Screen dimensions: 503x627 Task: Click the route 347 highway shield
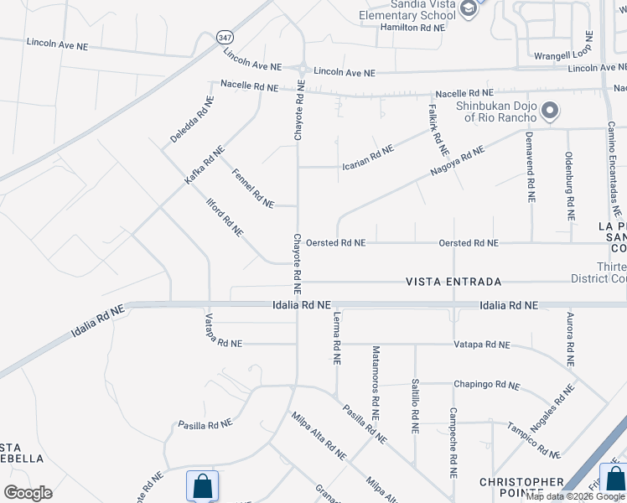[224, 38]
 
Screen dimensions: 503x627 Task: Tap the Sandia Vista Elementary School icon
[470, 9]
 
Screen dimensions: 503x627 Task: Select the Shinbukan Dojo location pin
[551, 111]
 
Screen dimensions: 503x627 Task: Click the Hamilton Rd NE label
[411, 28]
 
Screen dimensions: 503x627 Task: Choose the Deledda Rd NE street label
[193, 120]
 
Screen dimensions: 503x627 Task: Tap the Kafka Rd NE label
[205, 166]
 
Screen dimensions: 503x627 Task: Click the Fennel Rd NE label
[252, 188]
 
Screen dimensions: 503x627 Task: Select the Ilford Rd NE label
[225, 217]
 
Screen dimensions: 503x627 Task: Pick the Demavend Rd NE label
[530, 167]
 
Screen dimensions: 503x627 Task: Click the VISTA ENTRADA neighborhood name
[453, 282]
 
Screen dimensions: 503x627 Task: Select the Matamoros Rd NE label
[376, 382]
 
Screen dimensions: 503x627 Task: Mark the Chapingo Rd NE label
[486, 385]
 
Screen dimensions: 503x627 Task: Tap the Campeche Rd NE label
[453, 443]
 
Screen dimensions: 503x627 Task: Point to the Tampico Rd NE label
[532, 440]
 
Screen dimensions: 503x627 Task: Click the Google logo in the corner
[28, 493]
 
